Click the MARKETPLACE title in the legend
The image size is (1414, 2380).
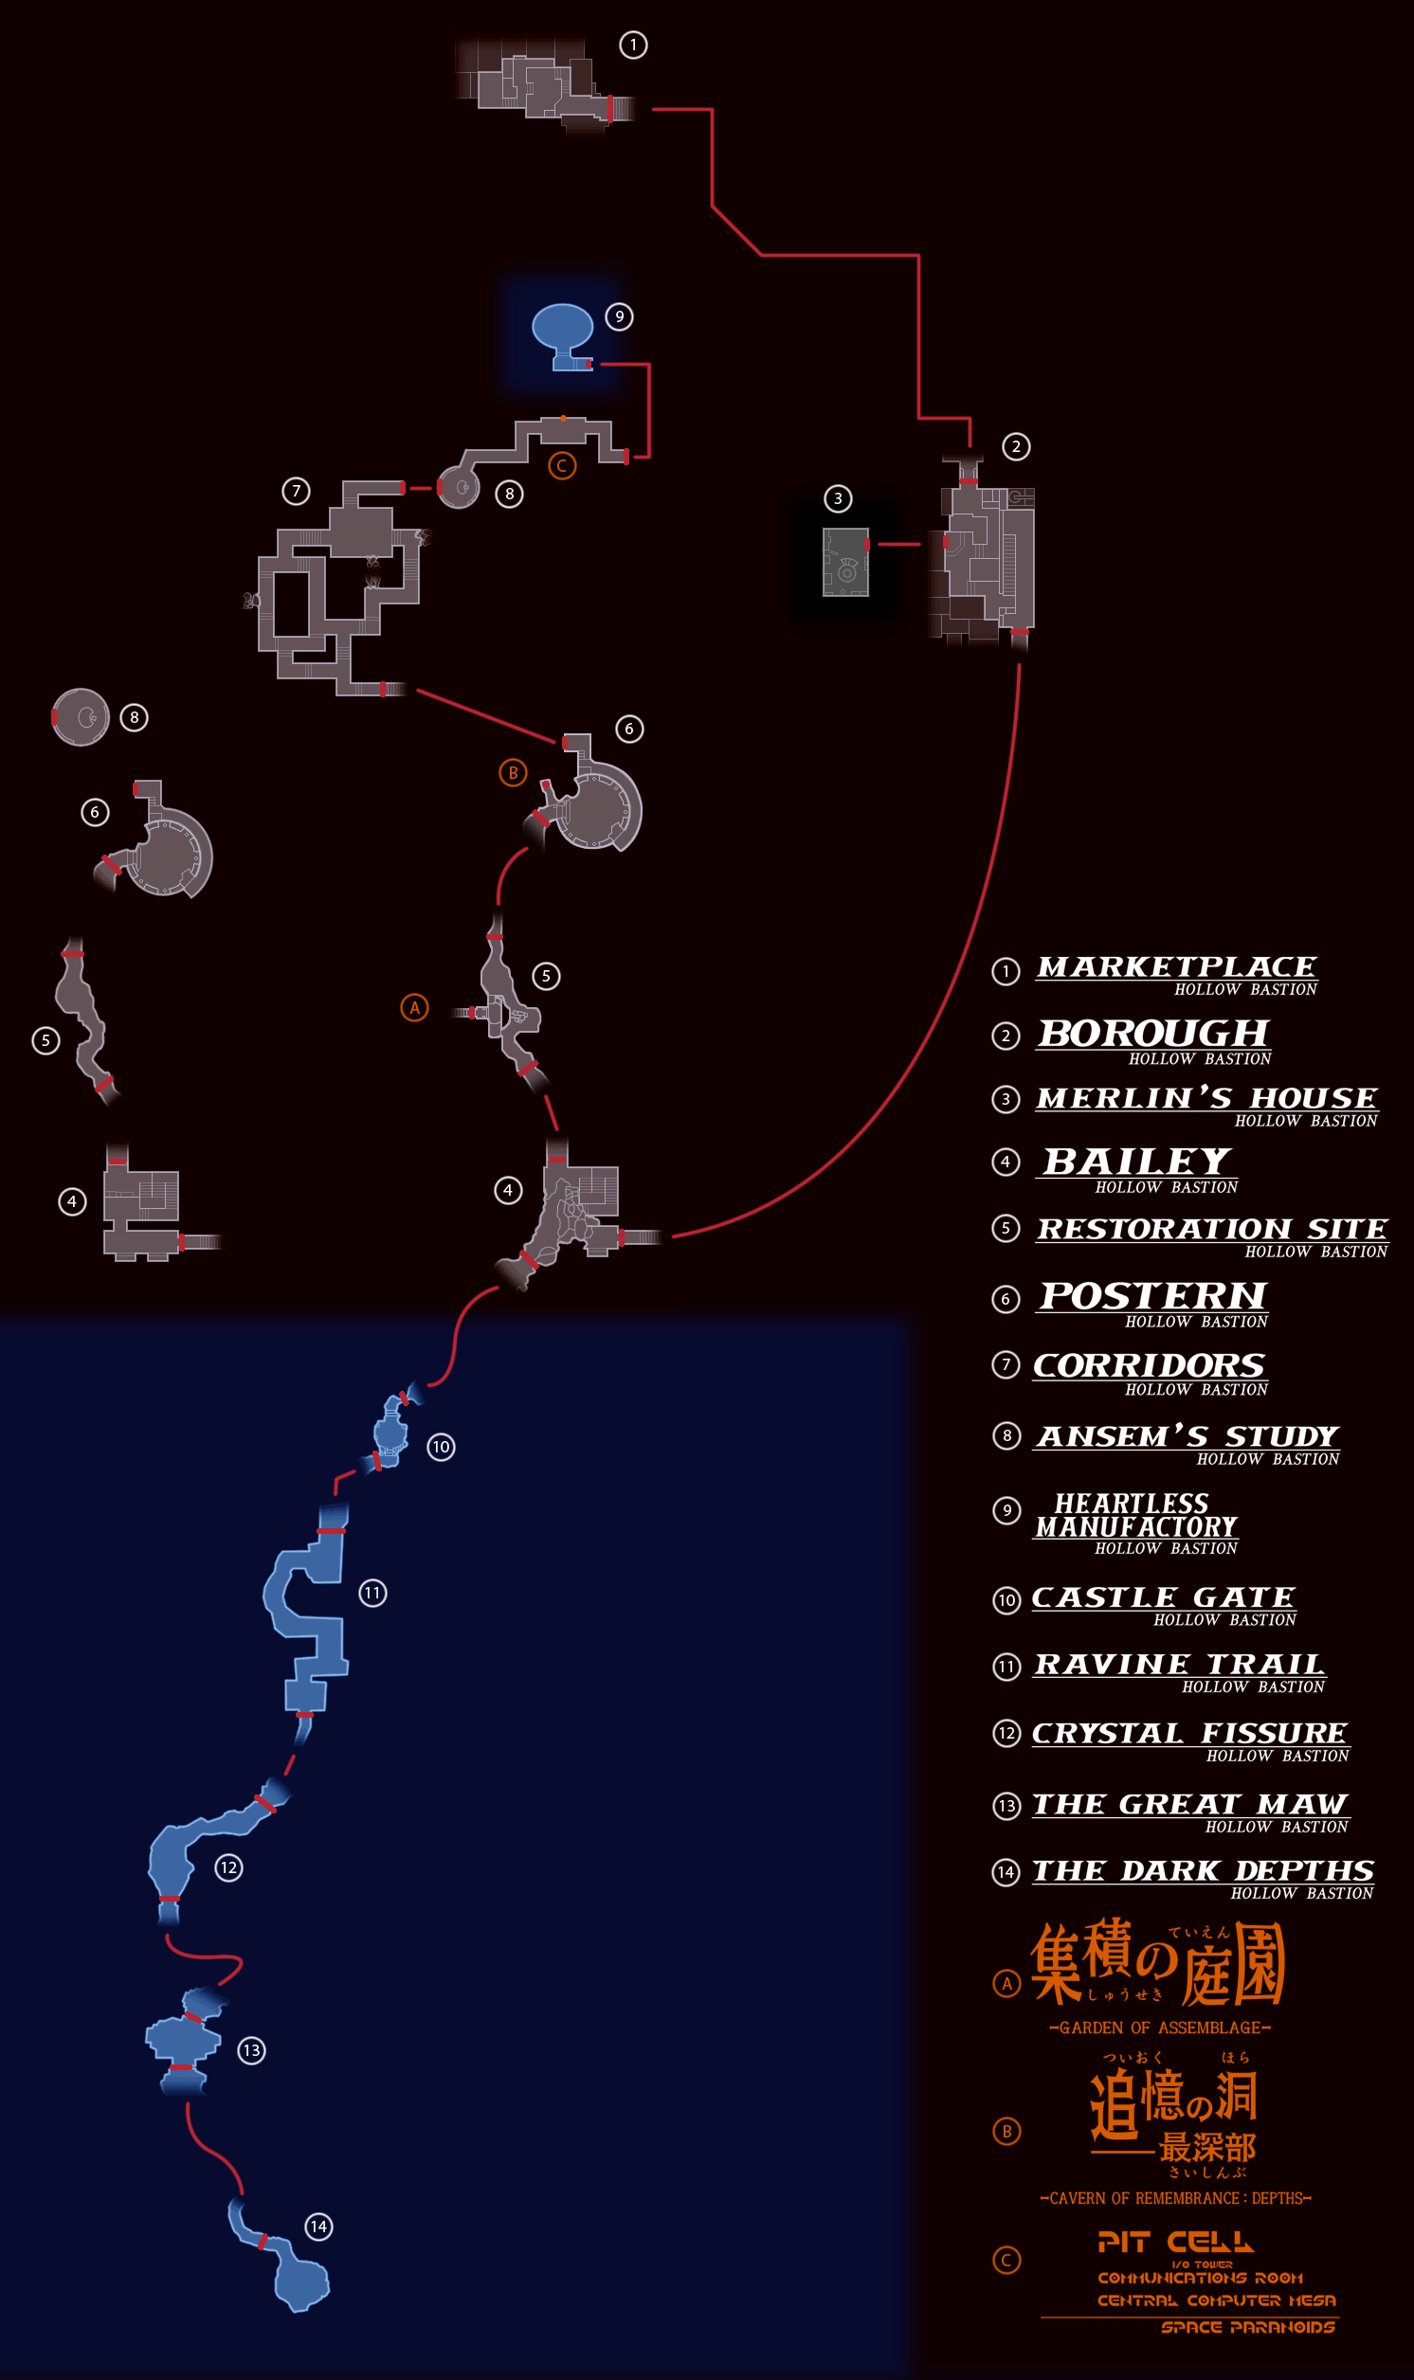pos(1177,966)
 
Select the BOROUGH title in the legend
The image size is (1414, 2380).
pos(1154,1034)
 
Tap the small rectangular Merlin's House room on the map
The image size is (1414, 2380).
pos(845,562)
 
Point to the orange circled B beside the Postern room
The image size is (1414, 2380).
pos(513,772)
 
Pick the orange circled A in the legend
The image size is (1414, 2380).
pos(1006,1983)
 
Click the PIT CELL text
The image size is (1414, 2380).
pos(1175,2242)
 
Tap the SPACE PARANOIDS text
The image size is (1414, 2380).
pos(1247,2327)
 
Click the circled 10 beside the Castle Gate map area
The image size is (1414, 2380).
pos(440,1447)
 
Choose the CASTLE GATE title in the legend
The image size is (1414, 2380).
pos(1164,1597)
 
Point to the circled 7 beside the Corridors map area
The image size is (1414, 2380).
pos(297,492)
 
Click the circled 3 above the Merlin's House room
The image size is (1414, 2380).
pos(838,498)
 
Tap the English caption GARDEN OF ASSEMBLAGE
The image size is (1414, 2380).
pos(1160,2028)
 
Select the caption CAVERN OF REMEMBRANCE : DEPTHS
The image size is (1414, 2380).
pos(1176,2198)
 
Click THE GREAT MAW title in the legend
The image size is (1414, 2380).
pos(1189,1804)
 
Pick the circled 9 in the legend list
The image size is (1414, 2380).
pos(1006,1510)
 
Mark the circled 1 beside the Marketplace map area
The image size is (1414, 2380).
pos(633,45)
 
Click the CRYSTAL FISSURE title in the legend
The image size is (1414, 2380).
pos(1189,1733)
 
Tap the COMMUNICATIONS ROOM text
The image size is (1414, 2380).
pos(1200,2278)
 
